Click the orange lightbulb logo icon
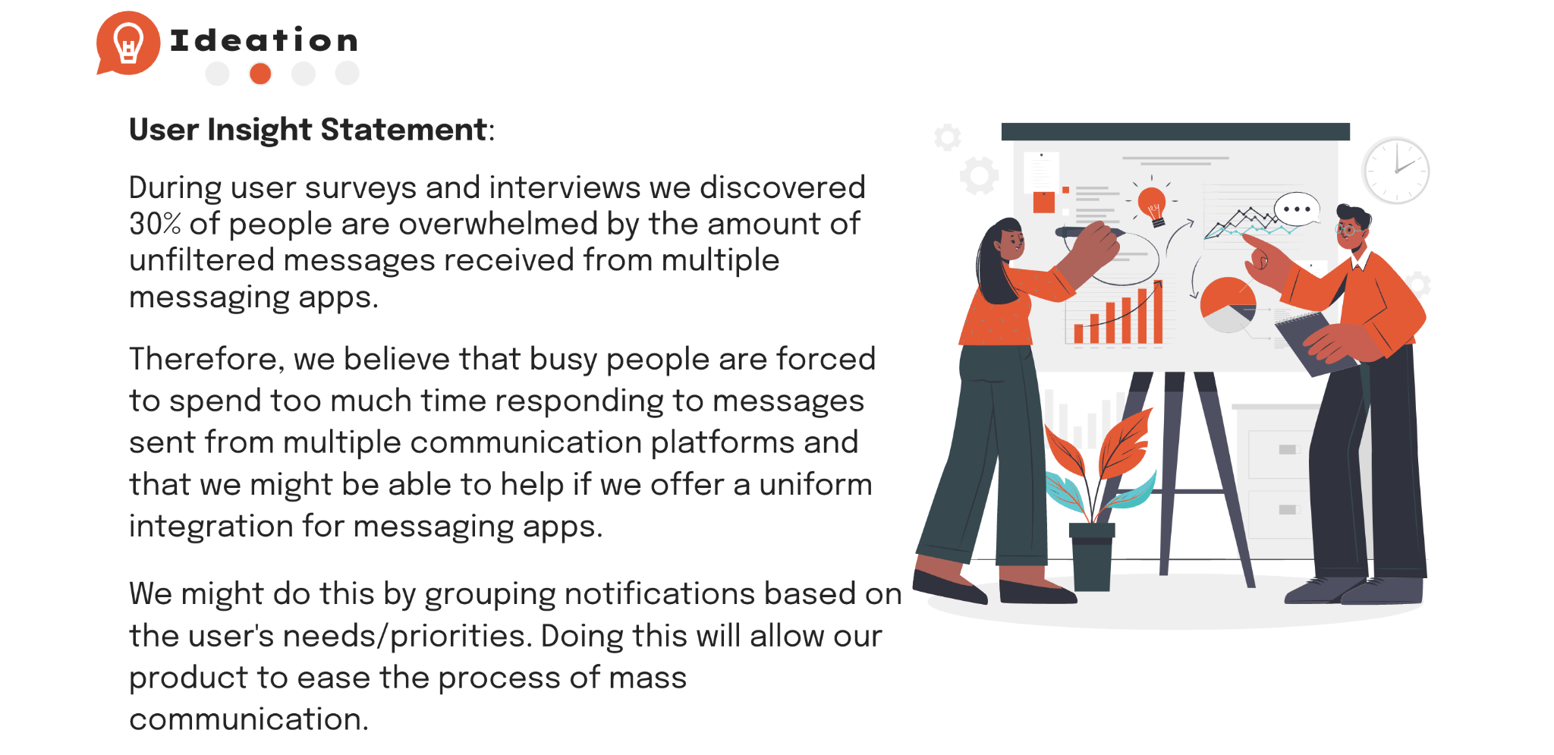pos(127,43)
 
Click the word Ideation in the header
pos(263,40)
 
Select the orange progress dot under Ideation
pos(260,74)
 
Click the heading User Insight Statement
pos(308,130)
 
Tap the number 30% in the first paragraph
pos(155,224)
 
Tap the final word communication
pos(249,719)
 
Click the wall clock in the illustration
pos(1395,171)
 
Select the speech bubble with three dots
pos(1297,209)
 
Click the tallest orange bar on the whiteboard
pos(1158,313)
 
